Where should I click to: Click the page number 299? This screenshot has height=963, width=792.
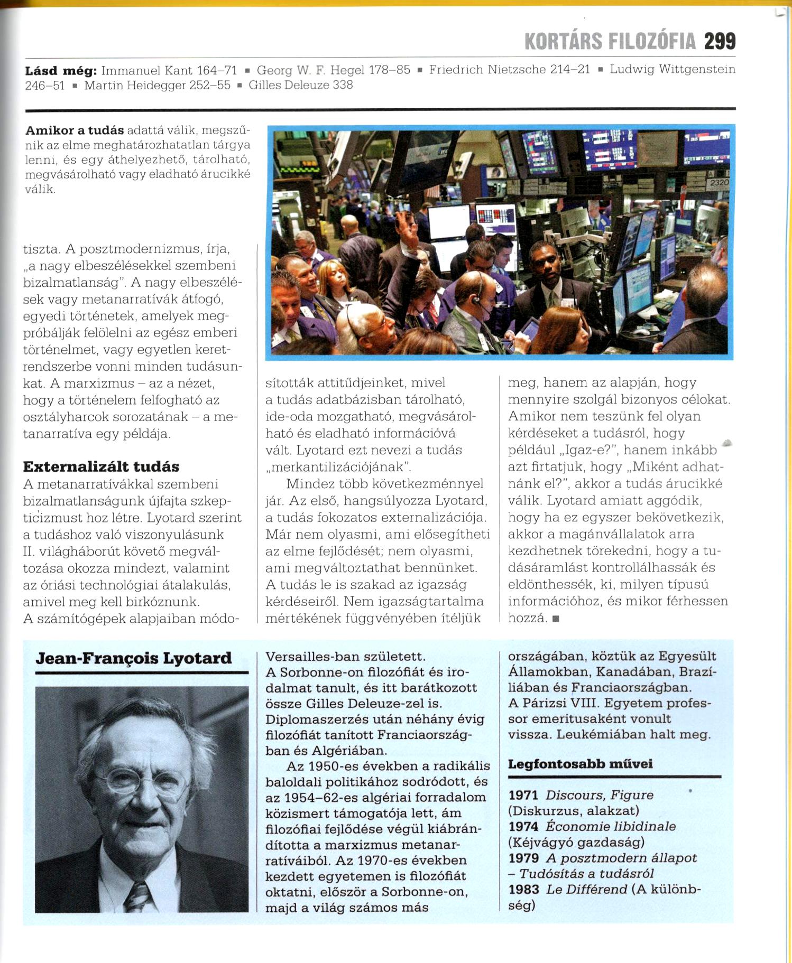(x=720, y=41)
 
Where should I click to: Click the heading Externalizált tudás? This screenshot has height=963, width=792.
(x=101, y=466)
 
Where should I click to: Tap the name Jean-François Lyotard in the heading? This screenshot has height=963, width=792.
(x=134, y=658)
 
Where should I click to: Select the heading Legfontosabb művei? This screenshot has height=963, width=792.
(x=580, y=764)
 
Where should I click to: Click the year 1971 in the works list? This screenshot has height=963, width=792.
(x=523, y=795)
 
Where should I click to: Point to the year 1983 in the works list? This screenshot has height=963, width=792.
(x=523, y=890)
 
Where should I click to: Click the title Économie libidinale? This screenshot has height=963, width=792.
(x=611, y=826)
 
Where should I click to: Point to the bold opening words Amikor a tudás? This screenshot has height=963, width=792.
(x=75, y=130)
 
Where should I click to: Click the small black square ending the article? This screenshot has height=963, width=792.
(x=555, y=619)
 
